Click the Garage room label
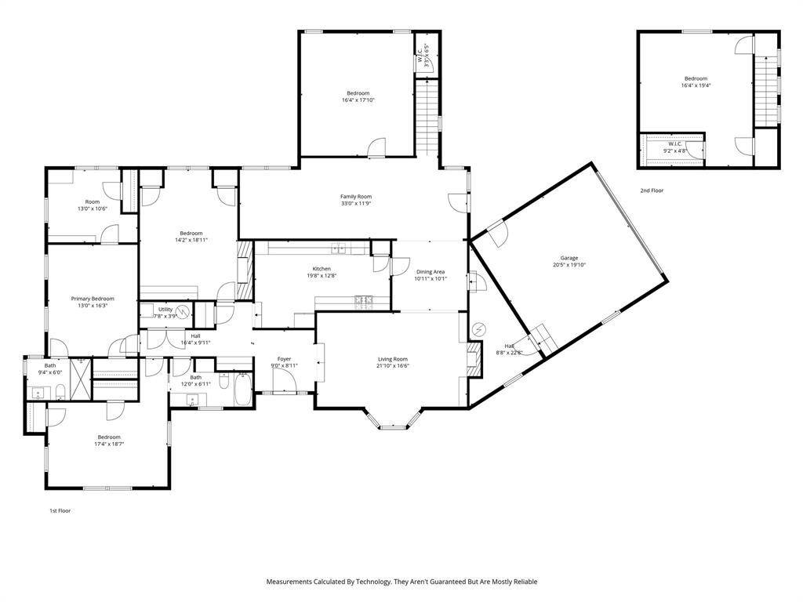(569, 257)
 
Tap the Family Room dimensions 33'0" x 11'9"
(355, 204)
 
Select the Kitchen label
(322, 269)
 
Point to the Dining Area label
(431, 272)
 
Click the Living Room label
(393, 358)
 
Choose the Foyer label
(284, 358)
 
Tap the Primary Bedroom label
(93, 299)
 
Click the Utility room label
(165, 310)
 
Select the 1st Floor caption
(60, 510)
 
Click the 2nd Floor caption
(651, 190)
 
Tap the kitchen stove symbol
(365, 299)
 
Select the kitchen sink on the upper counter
(340, 249)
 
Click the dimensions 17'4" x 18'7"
(109, 444)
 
